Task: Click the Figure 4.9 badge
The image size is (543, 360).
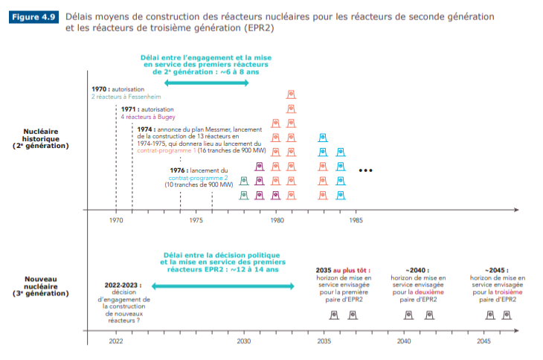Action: coord(33,16)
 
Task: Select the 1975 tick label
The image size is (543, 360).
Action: coord(196,221)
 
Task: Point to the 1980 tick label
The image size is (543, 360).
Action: coord(277,221)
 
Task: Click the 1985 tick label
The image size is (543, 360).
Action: coord(356,221)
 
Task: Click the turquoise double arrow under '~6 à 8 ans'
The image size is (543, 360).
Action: coord(206,83)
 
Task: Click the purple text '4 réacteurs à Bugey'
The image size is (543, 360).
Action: coord(145,117)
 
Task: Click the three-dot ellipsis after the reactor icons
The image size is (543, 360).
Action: coord(365,170)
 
